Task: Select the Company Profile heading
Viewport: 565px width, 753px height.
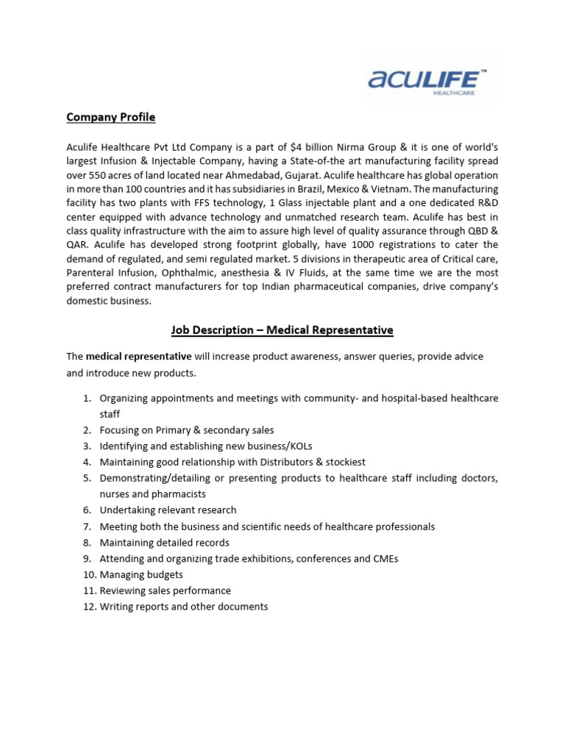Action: (x=111, y=118)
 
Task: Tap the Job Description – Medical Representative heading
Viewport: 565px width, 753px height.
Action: (x=282, y=330)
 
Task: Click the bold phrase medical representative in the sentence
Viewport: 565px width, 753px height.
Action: (x=138, y=356)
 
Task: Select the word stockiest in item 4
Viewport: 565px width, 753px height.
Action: (x=341, y=463)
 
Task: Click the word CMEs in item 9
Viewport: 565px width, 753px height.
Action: (x=385, y=559)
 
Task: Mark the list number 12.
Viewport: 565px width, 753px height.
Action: (x=88, y=607)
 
